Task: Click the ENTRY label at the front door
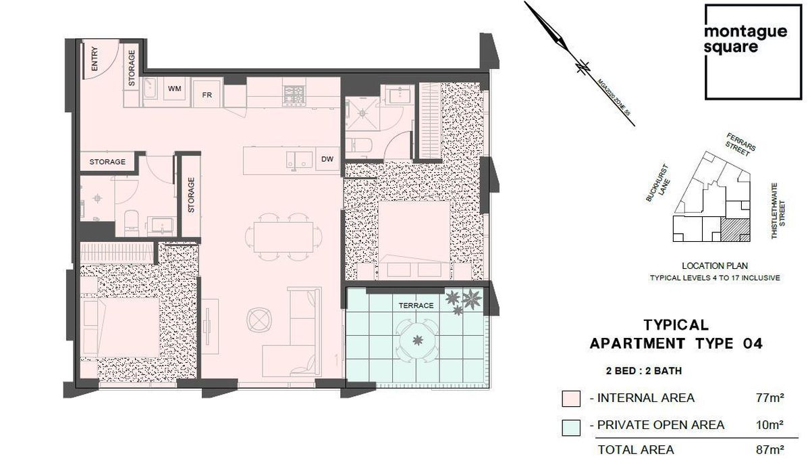coord(94,59)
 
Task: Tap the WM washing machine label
coord(175,89)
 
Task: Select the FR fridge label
coord(207,95)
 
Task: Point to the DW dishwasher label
coord(327,159)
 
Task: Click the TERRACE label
coord(416,305)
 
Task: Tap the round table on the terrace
coord(418,340)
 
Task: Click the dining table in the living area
coord(283,237)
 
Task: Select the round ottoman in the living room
coord(259,320)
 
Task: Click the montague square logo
coord(753,52)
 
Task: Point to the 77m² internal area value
coord(769,398)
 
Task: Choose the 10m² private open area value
coord(769,424)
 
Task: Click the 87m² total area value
coord(769,450)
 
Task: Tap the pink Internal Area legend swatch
coord(571,399)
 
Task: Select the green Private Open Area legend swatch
coord(571,428)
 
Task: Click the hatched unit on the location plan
coord(735,230)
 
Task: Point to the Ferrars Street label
coord(740,145)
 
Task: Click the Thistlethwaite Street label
coord(778,211)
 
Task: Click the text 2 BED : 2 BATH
coord(644,371)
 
